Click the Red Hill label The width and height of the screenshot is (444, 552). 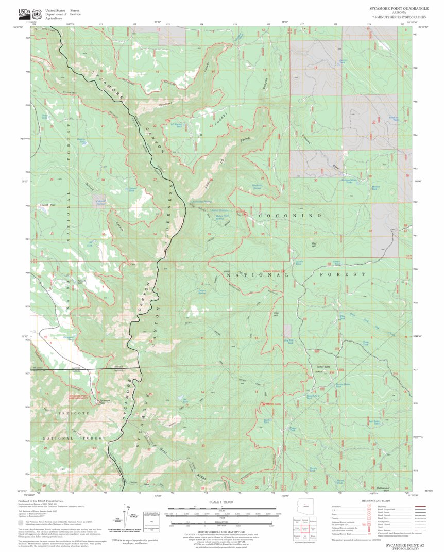(x=314, y=245)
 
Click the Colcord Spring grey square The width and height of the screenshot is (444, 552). (x=100, y=201)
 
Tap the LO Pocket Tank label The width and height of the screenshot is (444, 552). (x=176, y=125)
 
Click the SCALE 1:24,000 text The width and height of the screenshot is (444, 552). (x=222, y=502)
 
